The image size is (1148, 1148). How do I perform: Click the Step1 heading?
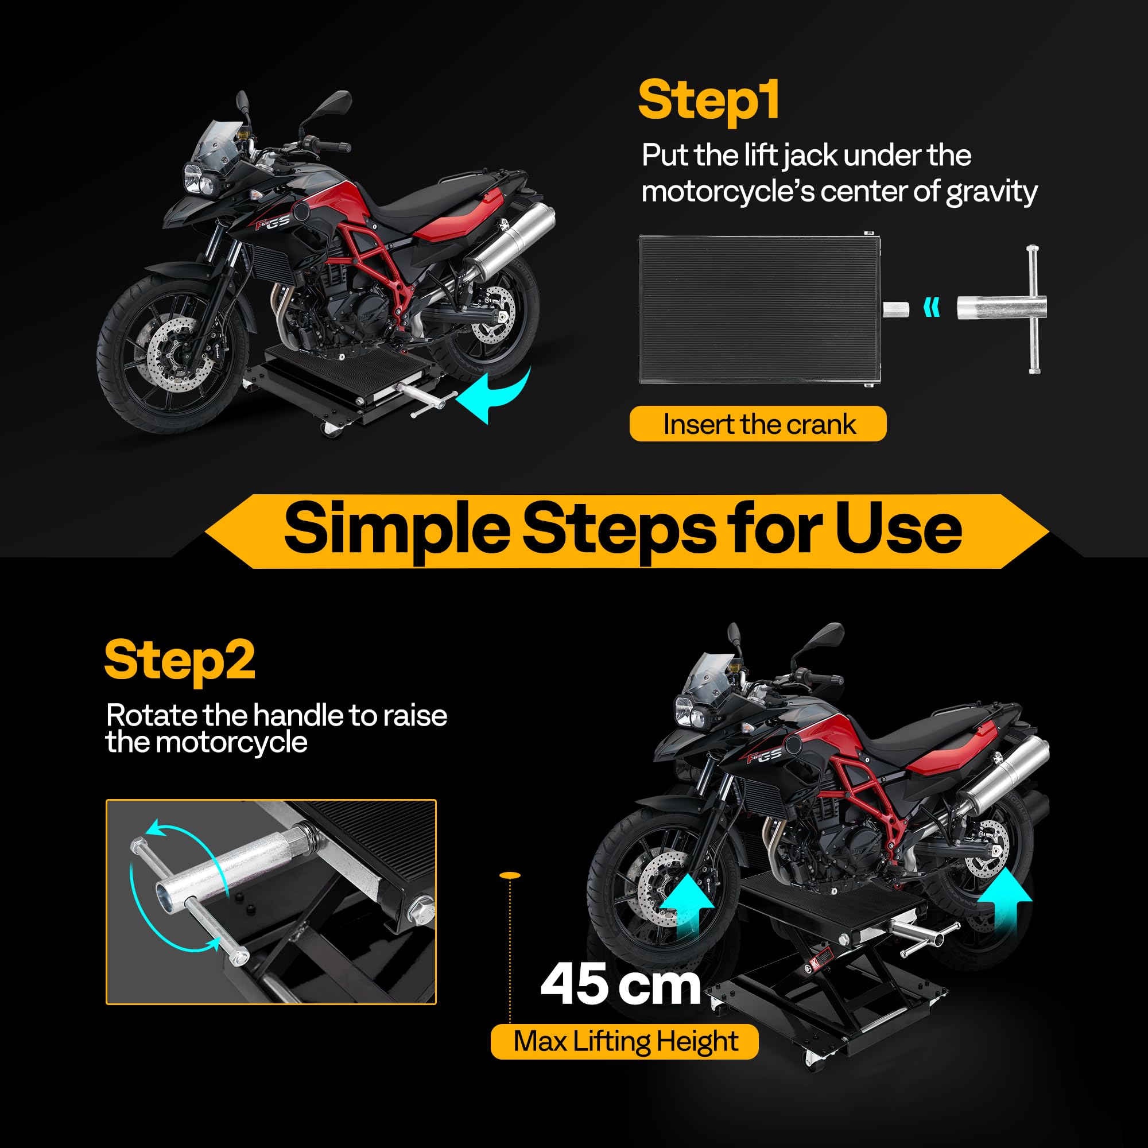click(708, 101)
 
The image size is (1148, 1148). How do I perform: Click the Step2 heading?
click(180, 660)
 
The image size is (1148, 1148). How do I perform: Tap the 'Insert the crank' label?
click(758, 424)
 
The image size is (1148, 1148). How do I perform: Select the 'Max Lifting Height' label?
click(625, 1041)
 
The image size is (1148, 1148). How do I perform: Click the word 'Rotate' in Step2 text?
click(152, 715)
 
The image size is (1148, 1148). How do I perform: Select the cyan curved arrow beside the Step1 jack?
click(496, 395)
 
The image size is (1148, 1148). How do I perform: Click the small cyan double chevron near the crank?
click(932, 308)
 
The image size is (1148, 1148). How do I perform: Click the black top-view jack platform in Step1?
click(758, 309)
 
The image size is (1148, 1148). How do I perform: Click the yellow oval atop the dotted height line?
click(510, 875)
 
